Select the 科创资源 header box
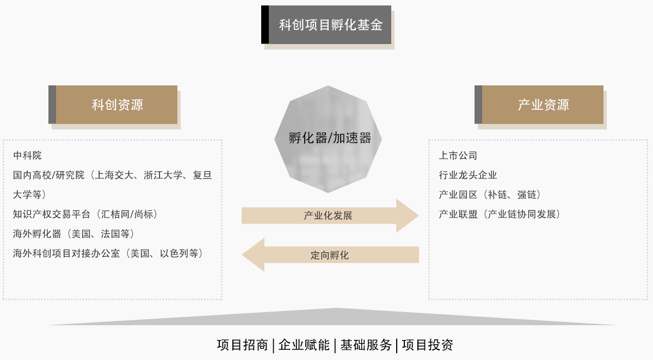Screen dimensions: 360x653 pos(117,104)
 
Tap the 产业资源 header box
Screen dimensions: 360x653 pos(543,104)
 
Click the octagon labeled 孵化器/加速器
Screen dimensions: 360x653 pos(328,139)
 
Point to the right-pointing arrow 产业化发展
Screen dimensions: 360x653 pos(329,215)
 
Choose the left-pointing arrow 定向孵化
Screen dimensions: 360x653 pos(330,255)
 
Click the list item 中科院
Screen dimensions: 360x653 pos(27,156)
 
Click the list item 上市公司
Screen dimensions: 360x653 pos(458,156)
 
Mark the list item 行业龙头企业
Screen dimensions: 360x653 pos(468,175)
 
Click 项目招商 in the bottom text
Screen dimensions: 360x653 pos(242,345)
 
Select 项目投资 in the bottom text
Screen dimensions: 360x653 pos(428,345)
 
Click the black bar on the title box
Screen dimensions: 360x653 pos(265,24)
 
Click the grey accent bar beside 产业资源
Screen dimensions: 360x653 pos(478,104)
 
